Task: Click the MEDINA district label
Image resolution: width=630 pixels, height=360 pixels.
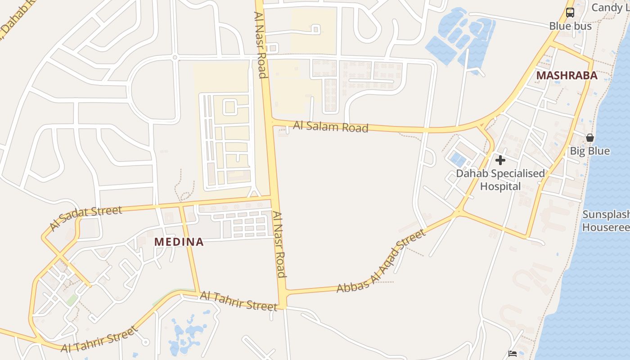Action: pos(179,242)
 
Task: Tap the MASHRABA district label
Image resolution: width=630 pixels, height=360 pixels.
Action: pos(567,76)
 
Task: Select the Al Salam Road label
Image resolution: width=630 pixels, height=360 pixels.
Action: pos(331,126)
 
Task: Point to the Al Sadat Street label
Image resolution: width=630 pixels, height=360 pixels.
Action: pos(85,218)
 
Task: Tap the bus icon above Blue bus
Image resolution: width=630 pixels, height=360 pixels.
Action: pos(570,13)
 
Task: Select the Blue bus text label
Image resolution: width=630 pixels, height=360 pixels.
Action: pos(570,26)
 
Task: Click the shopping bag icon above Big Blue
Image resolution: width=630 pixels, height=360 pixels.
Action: pos(589,138)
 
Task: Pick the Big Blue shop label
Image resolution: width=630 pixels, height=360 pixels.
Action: pos(589,151)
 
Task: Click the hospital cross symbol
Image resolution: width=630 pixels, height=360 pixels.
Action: pos(500,160)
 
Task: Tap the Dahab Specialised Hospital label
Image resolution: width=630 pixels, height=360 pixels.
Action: pos(500,180)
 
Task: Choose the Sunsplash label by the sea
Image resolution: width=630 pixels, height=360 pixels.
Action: pos(606,220)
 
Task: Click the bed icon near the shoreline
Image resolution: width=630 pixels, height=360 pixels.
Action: pos(512,354)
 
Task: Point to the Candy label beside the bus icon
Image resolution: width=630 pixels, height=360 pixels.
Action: pos(609,8)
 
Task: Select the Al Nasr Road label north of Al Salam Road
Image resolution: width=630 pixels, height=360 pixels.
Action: pos(261,45)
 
